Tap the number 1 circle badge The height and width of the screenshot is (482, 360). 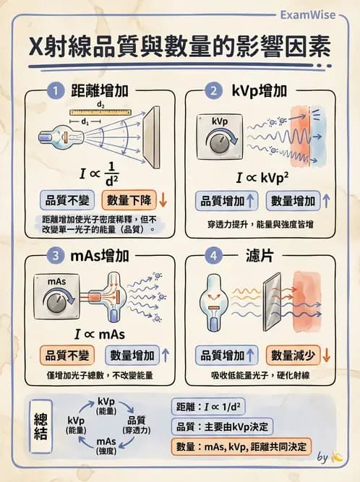(x=55, y=91)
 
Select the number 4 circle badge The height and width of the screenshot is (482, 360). (x=212, y=256)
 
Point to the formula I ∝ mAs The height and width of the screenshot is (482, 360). (x=99, y=334)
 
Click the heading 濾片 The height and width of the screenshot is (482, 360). (x=260, y=256)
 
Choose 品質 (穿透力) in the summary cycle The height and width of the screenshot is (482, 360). (x=136, y=425)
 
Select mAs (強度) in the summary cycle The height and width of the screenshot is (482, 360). (x=106, y=446)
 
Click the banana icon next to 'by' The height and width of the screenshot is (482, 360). (x=337, y=457)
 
